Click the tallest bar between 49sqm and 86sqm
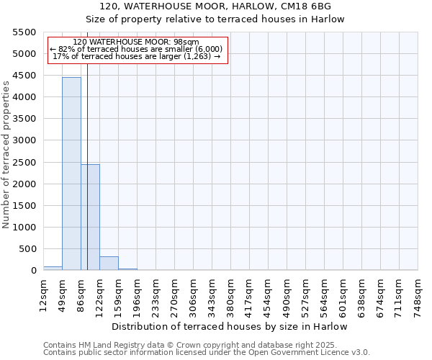pyautogui.click(x=71, y=174)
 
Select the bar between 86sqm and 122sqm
pyautogui.click(x=90, y=217)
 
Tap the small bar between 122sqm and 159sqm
pyautogui.click(x=109, y=263)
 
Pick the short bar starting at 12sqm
pyautogui.click(x=53, y=268)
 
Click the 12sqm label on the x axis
pyautogui.click(x=43, y=293)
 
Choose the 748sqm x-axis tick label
pyautogui.click(x=418, y=293)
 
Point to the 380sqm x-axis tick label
pyautogui.click(x=230, y=293)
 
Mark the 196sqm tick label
pyautogui.click(x=137, y=293)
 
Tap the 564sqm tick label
pyautogui.click(x=324, y=293)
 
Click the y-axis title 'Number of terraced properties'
pyautogui.click(x=6, y=155)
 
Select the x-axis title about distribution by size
pyautogui.click(x=230, y=326)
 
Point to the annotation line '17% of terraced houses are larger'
pyautogui.click(x=137, y=56)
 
